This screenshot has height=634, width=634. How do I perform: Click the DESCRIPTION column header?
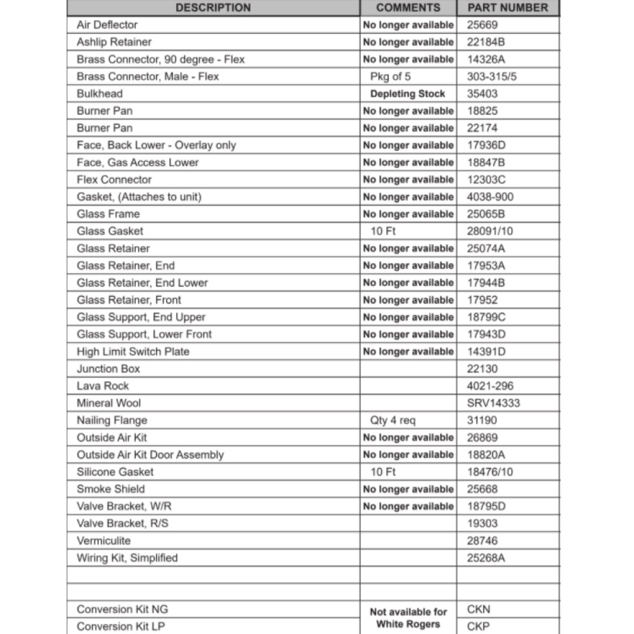tap(213, 8)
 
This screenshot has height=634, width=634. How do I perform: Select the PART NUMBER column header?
tap(508, 8)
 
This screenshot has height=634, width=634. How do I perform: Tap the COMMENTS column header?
tap(408, 8)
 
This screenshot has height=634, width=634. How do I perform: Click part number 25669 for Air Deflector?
tap(482, 25)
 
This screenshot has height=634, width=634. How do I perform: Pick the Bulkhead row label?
tap(100, 94)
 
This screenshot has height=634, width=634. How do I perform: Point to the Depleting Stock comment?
tap(408, 94)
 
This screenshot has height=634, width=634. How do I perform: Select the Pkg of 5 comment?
tap(391, 77)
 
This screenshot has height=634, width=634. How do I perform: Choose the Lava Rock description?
tap(103, 386)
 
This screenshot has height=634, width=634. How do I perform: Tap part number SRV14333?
tap(493, 403)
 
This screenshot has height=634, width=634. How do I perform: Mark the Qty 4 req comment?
tap(393, 420)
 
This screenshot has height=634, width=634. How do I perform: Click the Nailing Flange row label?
tap(112, 420)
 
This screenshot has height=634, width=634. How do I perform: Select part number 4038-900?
tap(490, 197)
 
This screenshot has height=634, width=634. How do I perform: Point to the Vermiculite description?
tap(103, 541)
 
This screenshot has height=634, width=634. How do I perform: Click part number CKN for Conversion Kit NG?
tap(479, 609)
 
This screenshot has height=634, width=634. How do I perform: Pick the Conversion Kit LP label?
tap(122, 626)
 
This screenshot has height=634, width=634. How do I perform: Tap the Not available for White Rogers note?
tap(408, 618)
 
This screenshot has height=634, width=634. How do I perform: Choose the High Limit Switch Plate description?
tap(133, 352)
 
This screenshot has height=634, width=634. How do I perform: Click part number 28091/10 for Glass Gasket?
tap(490, 231)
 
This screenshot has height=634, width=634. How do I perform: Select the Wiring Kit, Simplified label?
tap(127, 558)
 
